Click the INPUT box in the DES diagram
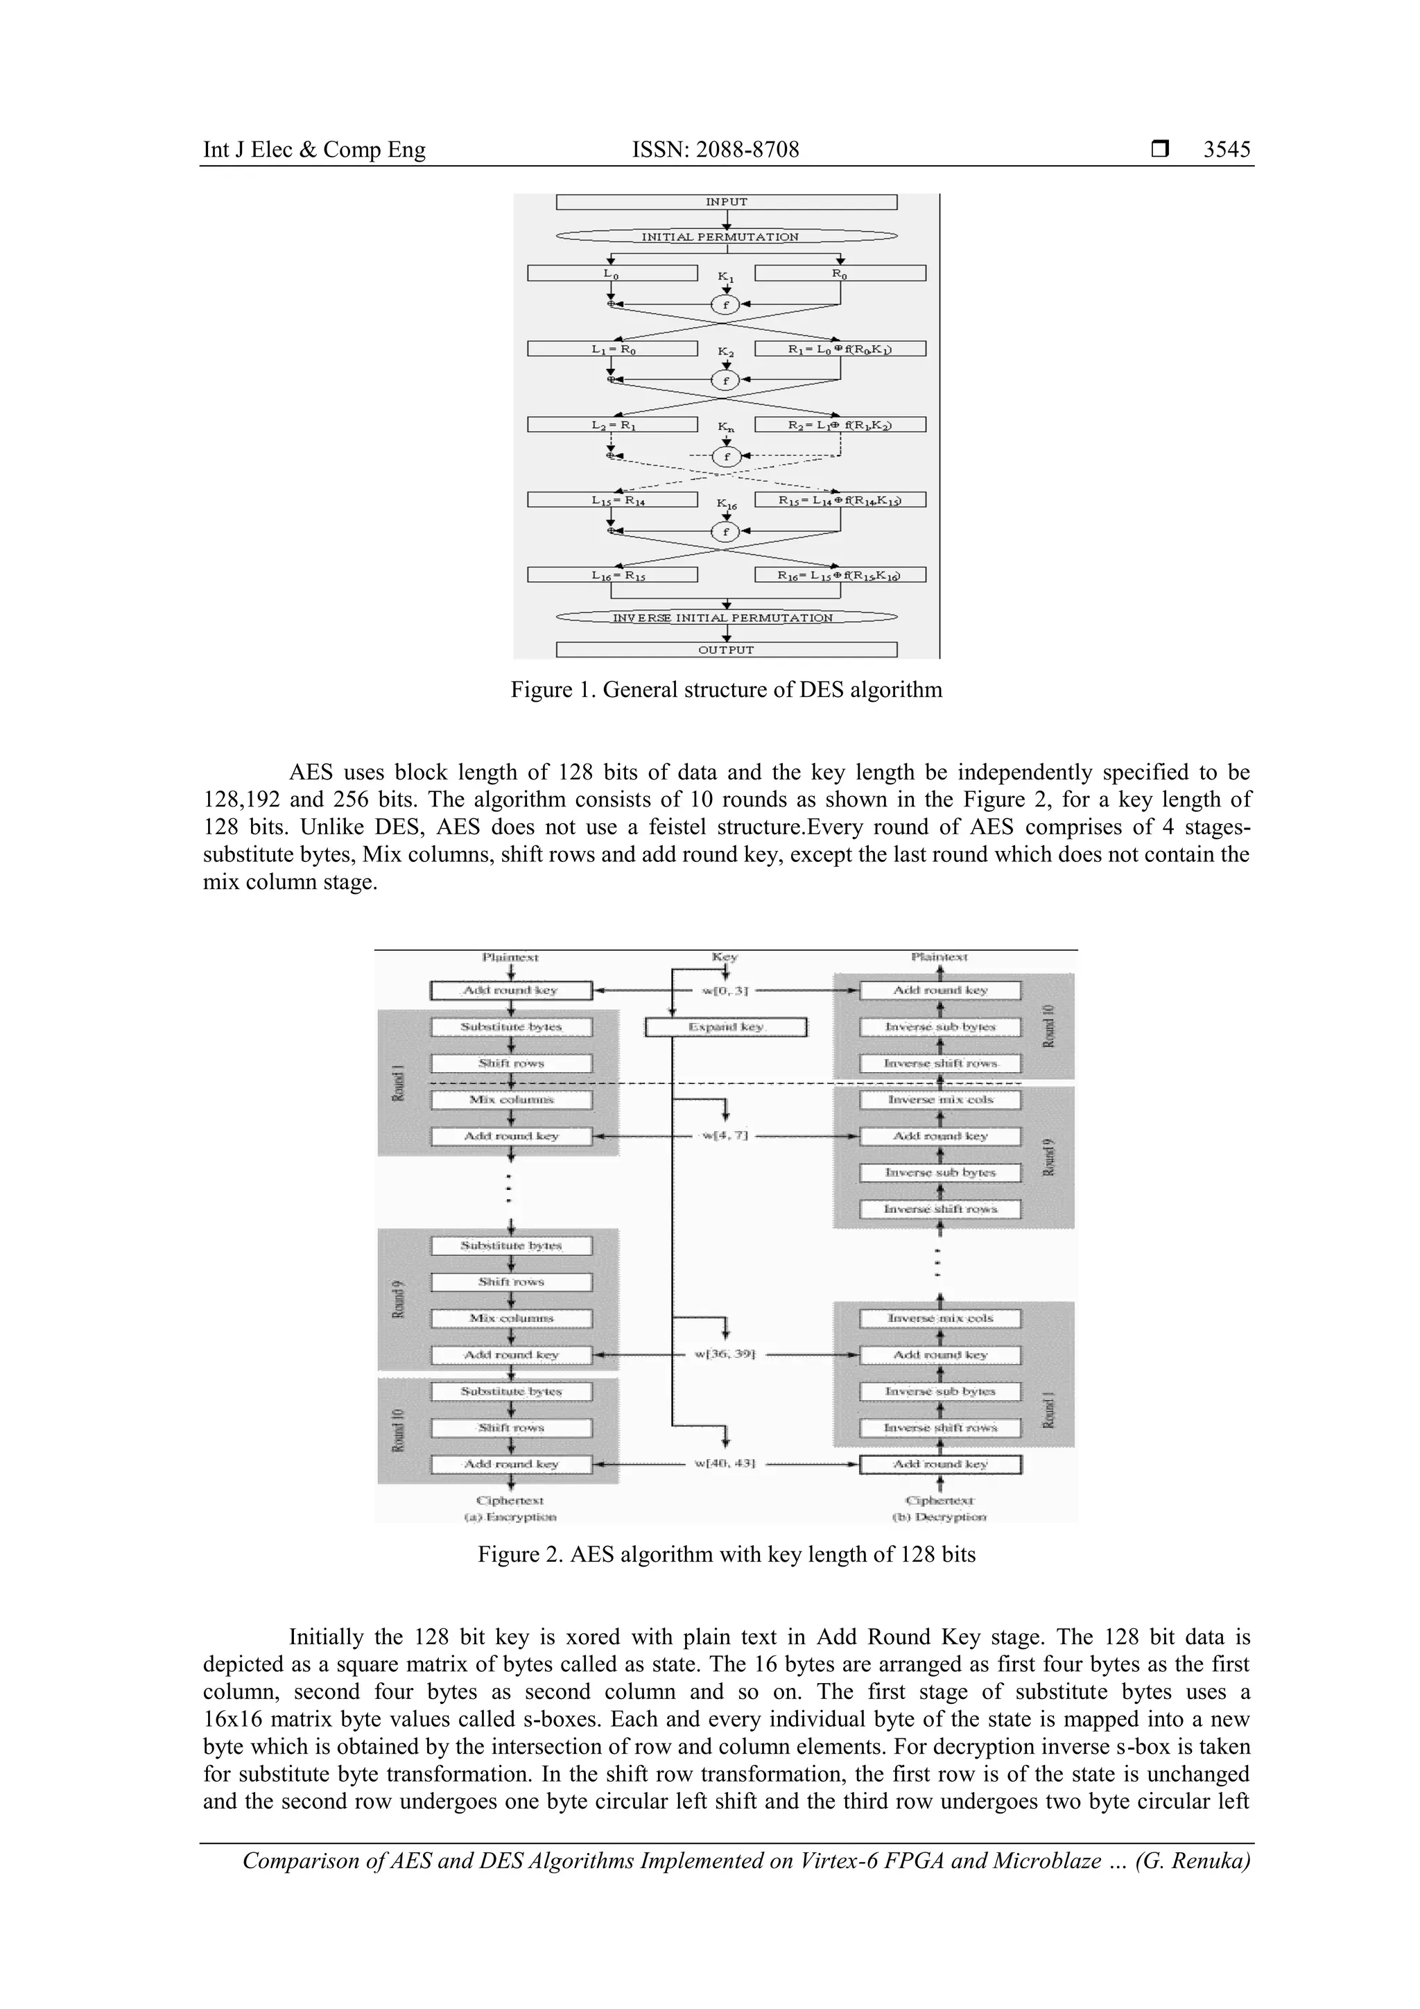[726, 202]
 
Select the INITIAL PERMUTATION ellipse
[726, 236]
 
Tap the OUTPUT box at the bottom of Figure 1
[726, 649]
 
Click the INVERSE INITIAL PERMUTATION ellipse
[726, 617]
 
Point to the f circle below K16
[725, 531]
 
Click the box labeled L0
[612, 274]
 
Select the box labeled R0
[840, 274]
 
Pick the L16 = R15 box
[612, 575]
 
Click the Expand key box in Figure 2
[725, 1026]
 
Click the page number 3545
[1227, 150]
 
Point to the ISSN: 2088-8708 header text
[716, 150]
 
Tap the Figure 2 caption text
[726, 1554]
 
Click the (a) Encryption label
[510, 1517]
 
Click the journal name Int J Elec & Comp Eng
[314, 150]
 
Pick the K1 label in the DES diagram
[725, 277]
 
